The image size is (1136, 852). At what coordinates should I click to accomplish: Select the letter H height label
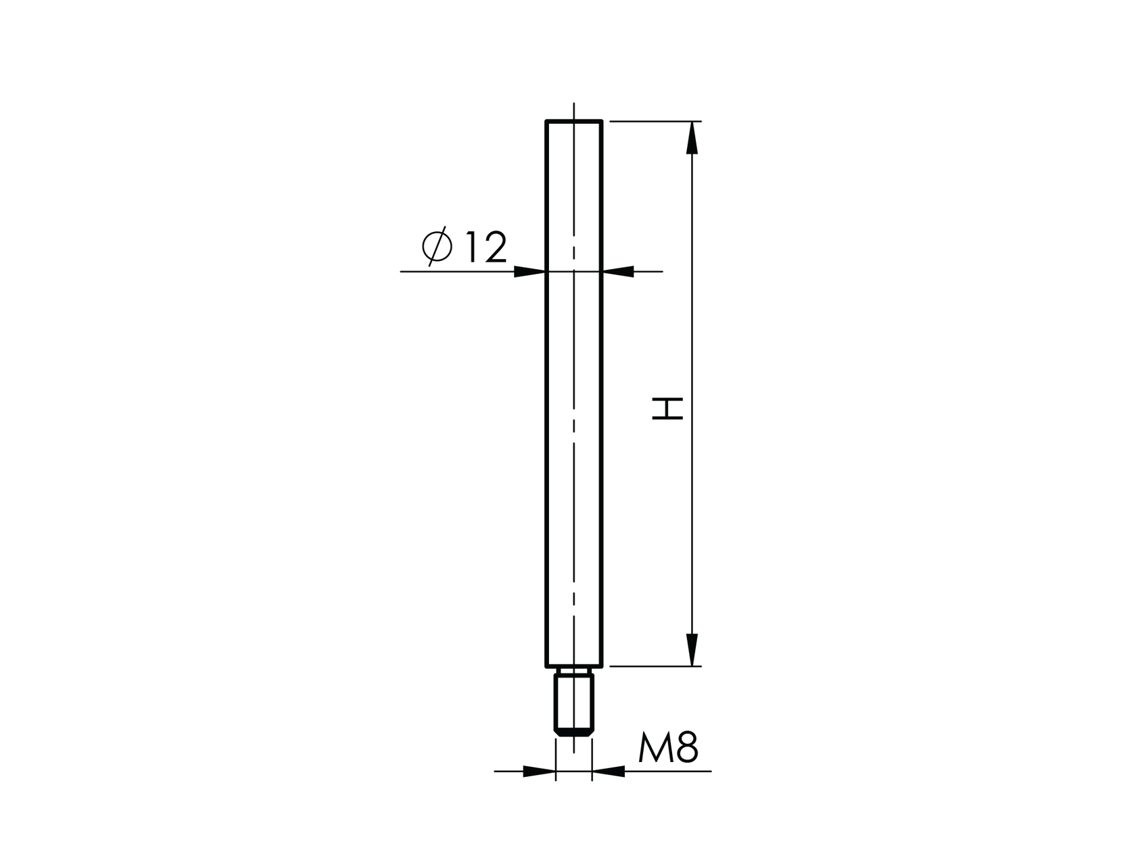667,408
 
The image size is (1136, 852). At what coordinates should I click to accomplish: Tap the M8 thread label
667,748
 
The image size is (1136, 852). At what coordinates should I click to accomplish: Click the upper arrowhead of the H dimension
691,139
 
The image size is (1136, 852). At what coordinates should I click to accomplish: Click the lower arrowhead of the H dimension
691,649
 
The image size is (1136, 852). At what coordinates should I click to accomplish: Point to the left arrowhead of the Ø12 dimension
529,272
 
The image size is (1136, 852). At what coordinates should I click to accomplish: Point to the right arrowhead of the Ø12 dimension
618,272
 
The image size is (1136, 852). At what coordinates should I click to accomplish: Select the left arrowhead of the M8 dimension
540,771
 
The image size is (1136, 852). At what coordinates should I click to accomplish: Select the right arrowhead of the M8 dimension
608,771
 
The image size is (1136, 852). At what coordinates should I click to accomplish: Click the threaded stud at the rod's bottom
573,703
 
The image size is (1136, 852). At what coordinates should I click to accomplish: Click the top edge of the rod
573,122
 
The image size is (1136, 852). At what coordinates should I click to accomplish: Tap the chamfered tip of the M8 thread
573,732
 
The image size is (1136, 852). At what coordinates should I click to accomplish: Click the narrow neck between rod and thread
573,671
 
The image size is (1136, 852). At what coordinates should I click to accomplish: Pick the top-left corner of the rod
546,122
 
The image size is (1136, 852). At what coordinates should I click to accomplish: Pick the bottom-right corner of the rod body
601,666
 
